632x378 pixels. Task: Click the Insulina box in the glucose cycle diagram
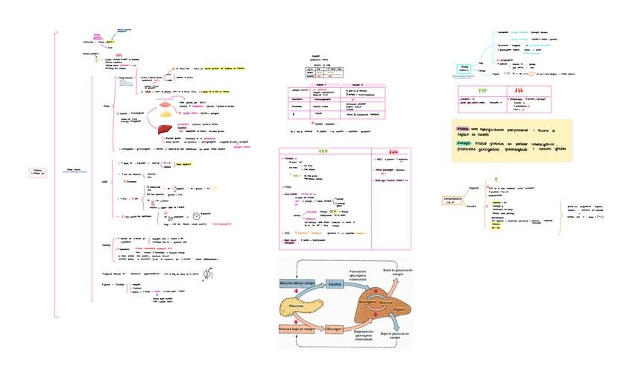335,284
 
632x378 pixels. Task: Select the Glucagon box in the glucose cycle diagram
334,329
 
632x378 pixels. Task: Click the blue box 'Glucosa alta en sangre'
297,284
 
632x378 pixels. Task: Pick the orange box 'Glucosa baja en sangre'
297,329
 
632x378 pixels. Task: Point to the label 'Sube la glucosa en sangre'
396,274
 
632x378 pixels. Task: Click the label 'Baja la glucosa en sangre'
396,338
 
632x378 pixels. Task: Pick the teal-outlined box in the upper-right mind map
464,68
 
